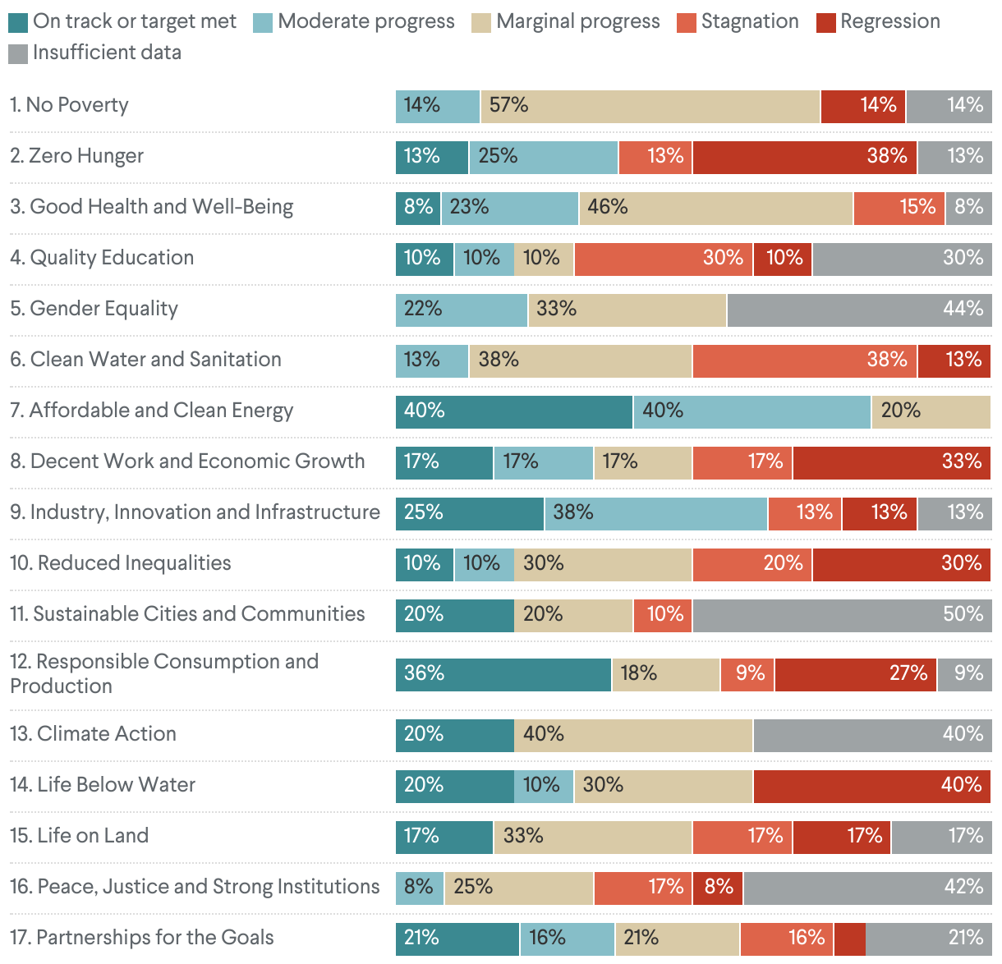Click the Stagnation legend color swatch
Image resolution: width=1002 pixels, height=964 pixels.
point(687,22)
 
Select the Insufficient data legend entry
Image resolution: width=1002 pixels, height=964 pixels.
point(107,53)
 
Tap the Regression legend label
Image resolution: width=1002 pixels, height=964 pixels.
point(890,22)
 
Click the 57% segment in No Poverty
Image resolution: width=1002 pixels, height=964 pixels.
point(650,106)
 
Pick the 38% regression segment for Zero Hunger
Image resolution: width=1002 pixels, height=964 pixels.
point(805,157)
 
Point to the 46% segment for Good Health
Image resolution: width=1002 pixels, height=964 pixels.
point(715,208)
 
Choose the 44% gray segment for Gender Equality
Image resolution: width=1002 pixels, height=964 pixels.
point(859,310)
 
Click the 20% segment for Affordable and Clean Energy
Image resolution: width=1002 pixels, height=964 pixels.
point(931,411)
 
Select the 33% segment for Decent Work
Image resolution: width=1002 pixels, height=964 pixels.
point(892,462)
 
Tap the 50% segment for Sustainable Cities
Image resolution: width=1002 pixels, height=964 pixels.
point(842,615)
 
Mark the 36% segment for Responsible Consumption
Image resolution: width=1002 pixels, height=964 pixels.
point(503,674)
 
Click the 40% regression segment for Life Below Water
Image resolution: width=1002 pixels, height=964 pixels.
point(872,786)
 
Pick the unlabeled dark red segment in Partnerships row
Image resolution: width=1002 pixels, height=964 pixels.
point(850,939)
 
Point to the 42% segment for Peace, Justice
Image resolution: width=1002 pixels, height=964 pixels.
point(867,888)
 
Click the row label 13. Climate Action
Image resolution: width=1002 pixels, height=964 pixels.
point(94,734)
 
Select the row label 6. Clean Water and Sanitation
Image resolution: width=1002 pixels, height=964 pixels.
point(146,360)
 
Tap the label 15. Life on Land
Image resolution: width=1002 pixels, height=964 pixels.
point(80,836)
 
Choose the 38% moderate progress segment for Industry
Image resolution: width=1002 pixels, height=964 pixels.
point(655,513)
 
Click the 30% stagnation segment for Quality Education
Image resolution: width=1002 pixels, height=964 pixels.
point(663,259)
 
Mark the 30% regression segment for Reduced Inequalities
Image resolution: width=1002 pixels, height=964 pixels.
point(902,564)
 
